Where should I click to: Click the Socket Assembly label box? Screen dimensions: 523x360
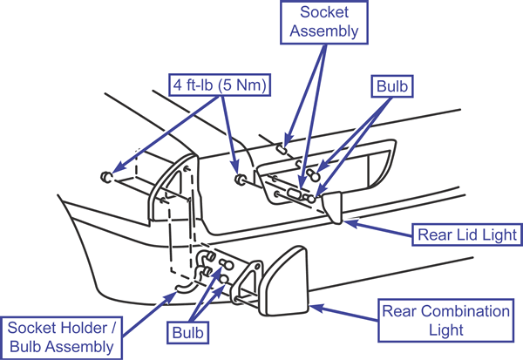[324, 22]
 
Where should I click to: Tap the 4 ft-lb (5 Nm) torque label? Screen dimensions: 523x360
[220, 85]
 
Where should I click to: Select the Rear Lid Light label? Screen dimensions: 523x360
[467, 234]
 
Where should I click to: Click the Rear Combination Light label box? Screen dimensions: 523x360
[446, 320]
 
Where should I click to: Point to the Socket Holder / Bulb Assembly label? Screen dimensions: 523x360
[61, 337]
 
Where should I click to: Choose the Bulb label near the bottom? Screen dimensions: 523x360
[187, 333]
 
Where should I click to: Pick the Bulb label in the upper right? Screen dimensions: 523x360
[392, 86]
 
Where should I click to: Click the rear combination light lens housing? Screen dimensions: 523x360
[283, 282]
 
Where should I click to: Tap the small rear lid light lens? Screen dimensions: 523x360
[333, 207]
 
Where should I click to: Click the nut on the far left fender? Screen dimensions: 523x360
[106, 176]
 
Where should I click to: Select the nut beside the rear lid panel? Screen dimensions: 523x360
[240, 180]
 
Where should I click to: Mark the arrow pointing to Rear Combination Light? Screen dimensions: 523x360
[344, 313]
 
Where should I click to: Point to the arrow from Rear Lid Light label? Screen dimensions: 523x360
[378, 228]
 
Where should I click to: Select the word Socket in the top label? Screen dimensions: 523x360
[324, 12]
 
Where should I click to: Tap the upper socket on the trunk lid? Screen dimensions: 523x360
[282, 149]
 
